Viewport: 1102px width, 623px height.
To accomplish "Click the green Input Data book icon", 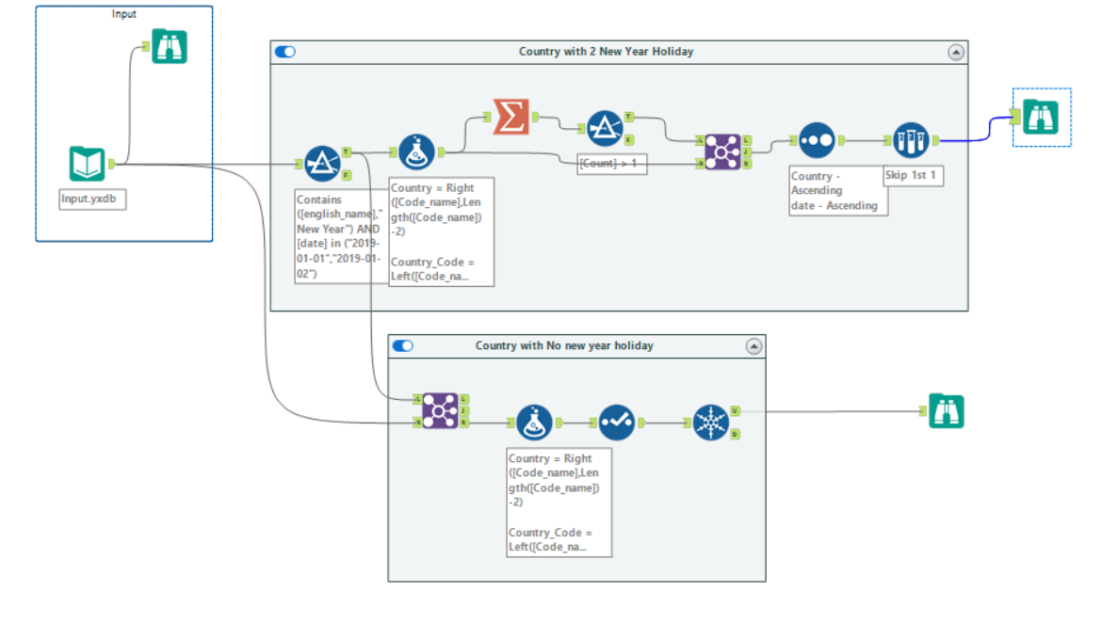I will [x=87, y=165].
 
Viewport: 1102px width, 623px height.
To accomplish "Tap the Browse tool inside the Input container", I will [x=170, y=47].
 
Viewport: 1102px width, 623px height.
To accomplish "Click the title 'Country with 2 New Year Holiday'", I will [x=606, y=52].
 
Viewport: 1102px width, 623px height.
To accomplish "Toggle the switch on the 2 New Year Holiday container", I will [x=285, y=52].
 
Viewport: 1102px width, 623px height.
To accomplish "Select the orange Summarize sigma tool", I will [x=510, y=117].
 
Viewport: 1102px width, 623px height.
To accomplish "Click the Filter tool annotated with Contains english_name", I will [x=322, y=163].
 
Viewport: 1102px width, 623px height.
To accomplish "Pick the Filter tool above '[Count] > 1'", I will [x=605, y=128].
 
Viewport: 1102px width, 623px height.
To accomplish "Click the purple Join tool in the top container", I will [x=722, y=151].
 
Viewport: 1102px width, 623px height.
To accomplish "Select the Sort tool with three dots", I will [x=816, y=140].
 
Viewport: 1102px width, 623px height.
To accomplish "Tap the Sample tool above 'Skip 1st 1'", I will [x=911, y=140].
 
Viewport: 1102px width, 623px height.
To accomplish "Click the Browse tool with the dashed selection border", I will [x=1041, y=117].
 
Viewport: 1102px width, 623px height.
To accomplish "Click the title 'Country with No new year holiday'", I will [x=564, y=345].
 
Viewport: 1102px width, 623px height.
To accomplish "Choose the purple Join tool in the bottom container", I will [x=440, y=410].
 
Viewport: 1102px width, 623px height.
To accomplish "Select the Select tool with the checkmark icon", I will [x=617, y=423].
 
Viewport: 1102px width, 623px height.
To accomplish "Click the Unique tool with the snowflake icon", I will [x=711, y=423].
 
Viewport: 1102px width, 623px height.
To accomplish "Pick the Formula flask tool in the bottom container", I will [x=534, y=423].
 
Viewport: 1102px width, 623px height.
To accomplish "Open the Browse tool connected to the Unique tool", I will [x=946, y=411].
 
